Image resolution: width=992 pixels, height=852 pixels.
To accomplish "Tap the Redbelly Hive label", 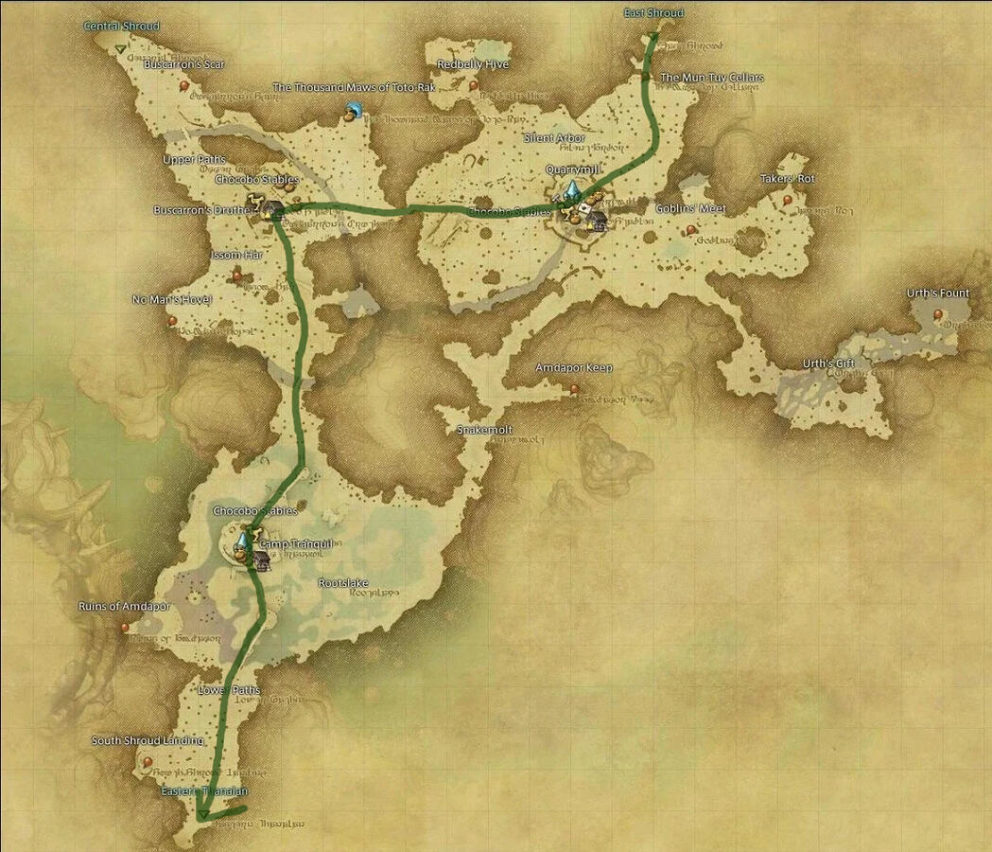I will [x=473, y=64].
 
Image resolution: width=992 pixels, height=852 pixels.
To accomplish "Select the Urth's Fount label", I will [x=938, y=293].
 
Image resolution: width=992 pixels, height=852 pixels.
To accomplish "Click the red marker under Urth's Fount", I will [x=938, y=313].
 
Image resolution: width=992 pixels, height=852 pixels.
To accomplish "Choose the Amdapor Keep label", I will [x=573, y=367].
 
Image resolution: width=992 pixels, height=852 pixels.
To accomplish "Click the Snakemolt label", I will [x=484, y=430].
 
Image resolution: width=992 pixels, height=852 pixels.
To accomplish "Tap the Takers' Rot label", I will [x=787, y=179].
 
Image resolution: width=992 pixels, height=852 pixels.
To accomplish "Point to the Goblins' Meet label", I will [x=690, y=208].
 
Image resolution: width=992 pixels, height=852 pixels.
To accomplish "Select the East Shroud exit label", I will [x=653, y=13].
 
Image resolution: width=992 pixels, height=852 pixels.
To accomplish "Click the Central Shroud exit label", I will [x=121, y=26].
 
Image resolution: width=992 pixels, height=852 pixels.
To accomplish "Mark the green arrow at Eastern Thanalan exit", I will [x=203, y=813].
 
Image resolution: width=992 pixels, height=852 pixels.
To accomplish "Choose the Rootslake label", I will [x=343, y=583].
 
